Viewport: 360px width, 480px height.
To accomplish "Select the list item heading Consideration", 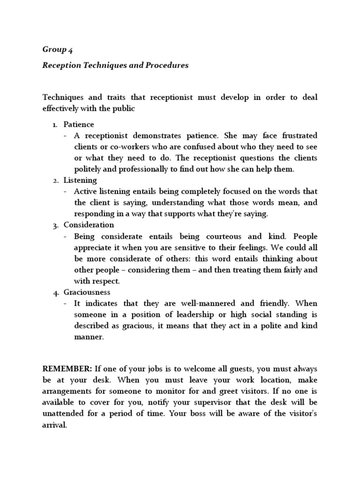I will coord(89,225).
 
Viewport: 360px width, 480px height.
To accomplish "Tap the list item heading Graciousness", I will coord(87,292).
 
